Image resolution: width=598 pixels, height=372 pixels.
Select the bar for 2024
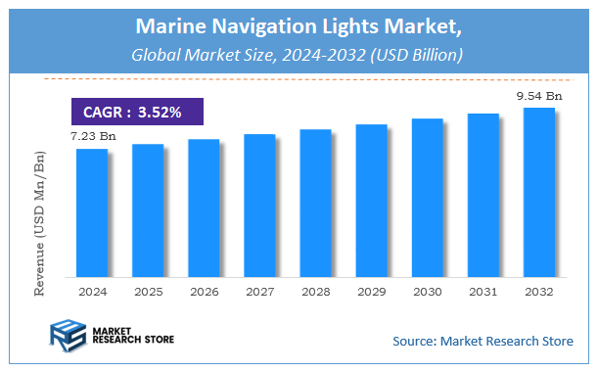click(92, 212)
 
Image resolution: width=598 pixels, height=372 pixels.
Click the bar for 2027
click(259, 205)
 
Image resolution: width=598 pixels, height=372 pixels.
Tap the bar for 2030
click(427, 197)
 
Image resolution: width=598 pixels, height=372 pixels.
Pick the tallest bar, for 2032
click(538, 192)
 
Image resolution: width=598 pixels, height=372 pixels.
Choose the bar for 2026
click(204, 208)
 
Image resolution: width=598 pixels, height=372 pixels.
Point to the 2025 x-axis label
click(148, 292)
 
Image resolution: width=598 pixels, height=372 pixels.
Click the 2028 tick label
click(315, 292)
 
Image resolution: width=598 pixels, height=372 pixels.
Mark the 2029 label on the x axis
click(371, 292)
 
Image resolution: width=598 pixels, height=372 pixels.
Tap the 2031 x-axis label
click(483, 292)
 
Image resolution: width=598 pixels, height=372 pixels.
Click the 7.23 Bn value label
click(92, 135)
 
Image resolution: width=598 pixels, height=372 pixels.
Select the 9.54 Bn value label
click(539, 96)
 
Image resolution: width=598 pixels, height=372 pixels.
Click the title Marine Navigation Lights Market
click(299, 23)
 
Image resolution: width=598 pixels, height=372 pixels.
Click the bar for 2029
click(371, 200)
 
